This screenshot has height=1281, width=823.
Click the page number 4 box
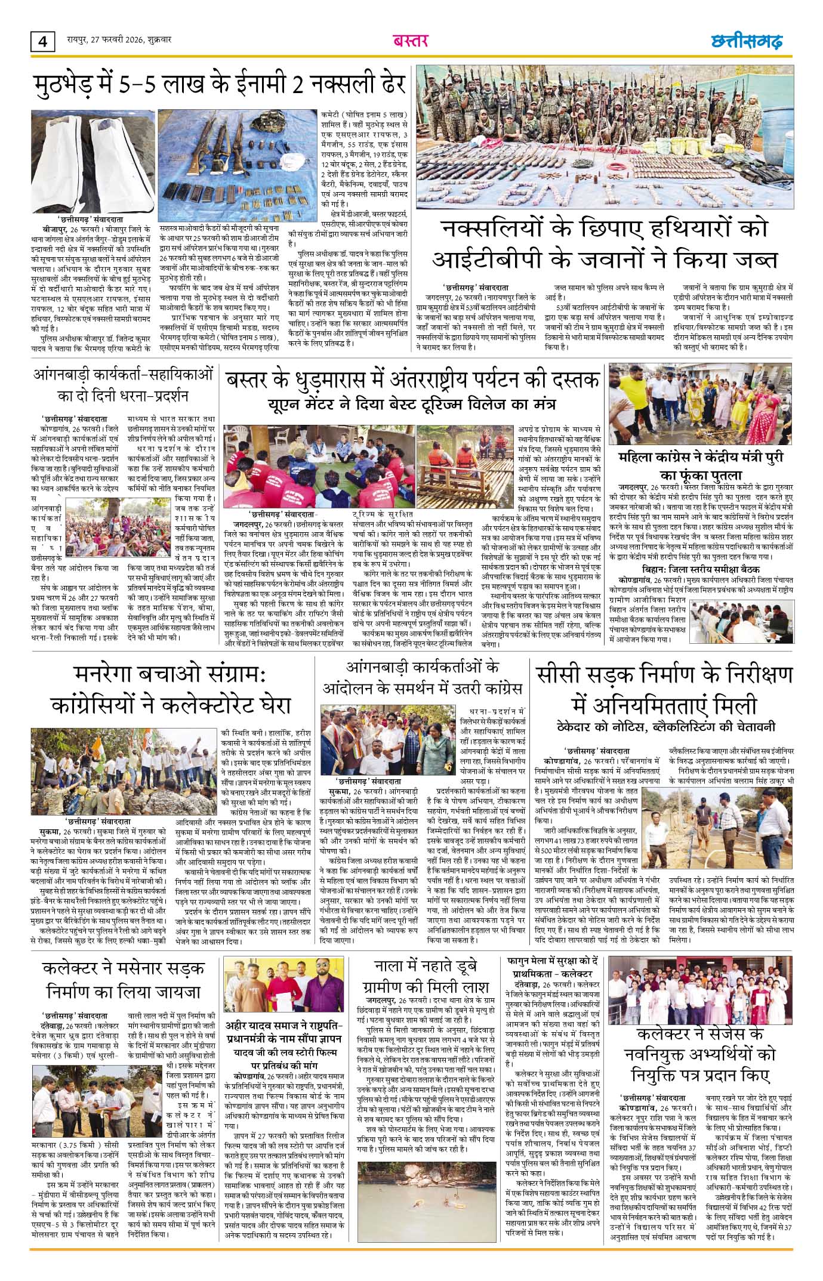(41, 42)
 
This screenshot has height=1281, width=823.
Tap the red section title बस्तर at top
(411, 41)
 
